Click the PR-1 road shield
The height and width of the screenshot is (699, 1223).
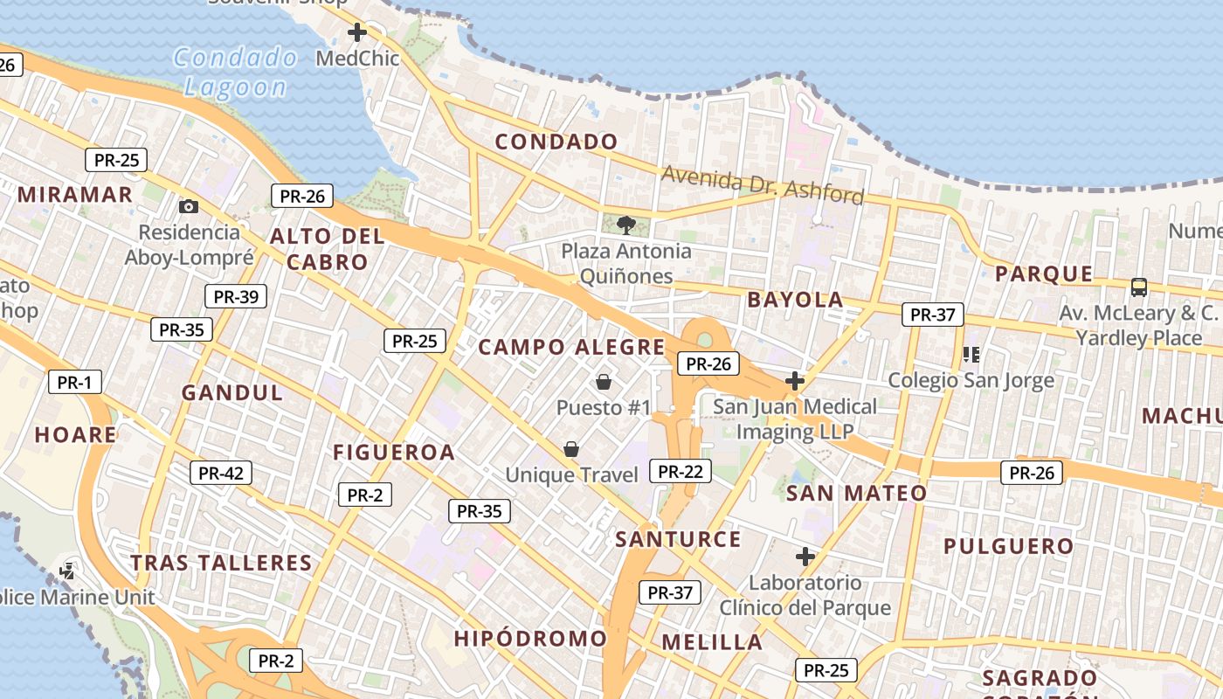click(x=74, y=382)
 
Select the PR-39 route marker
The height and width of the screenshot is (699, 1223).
click(x=235, y=296)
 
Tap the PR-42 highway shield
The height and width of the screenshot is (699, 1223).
click(x=221, y=473)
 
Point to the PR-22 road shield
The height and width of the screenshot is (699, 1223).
click(x=681, y=471)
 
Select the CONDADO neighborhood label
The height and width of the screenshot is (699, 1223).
click(x=556, y=142)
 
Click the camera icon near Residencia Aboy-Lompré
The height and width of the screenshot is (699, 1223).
click(x=188, y=207)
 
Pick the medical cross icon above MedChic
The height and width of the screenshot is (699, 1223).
click(x=356, y=33)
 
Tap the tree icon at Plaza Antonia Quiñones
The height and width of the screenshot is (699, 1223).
click(x=625, y=225)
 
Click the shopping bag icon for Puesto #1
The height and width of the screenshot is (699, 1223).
click(x=603, y=382)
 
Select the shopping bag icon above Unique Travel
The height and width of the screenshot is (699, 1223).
click(x=570, y=449)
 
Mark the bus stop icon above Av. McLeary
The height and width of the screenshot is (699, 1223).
click(x=1138, y=287)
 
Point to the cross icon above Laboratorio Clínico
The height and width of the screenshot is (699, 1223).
click(x=805, y=556)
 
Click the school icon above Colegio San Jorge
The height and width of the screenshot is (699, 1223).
click(x=971, y=355)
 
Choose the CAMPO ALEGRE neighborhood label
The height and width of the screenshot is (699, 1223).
click(x=571, y=347)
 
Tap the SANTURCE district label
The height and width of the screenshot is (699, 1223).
click(x=678, y=539)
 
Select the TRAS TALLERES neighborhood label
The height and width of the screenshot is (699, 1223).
click(x=221, y=563)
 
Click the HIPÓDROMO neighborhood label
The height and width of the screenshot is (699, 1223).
click(x=529, y=639)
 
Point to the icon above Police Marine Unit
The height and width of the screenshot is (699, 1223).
click(x=66, y=571)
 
